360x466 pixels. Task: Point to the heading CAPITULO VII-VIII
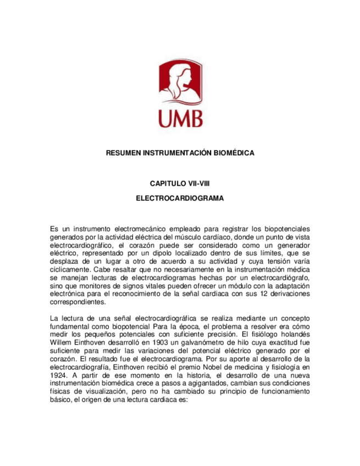point(180,183)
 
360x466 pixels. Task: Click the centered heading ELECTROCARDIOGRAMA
point(180,198)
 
